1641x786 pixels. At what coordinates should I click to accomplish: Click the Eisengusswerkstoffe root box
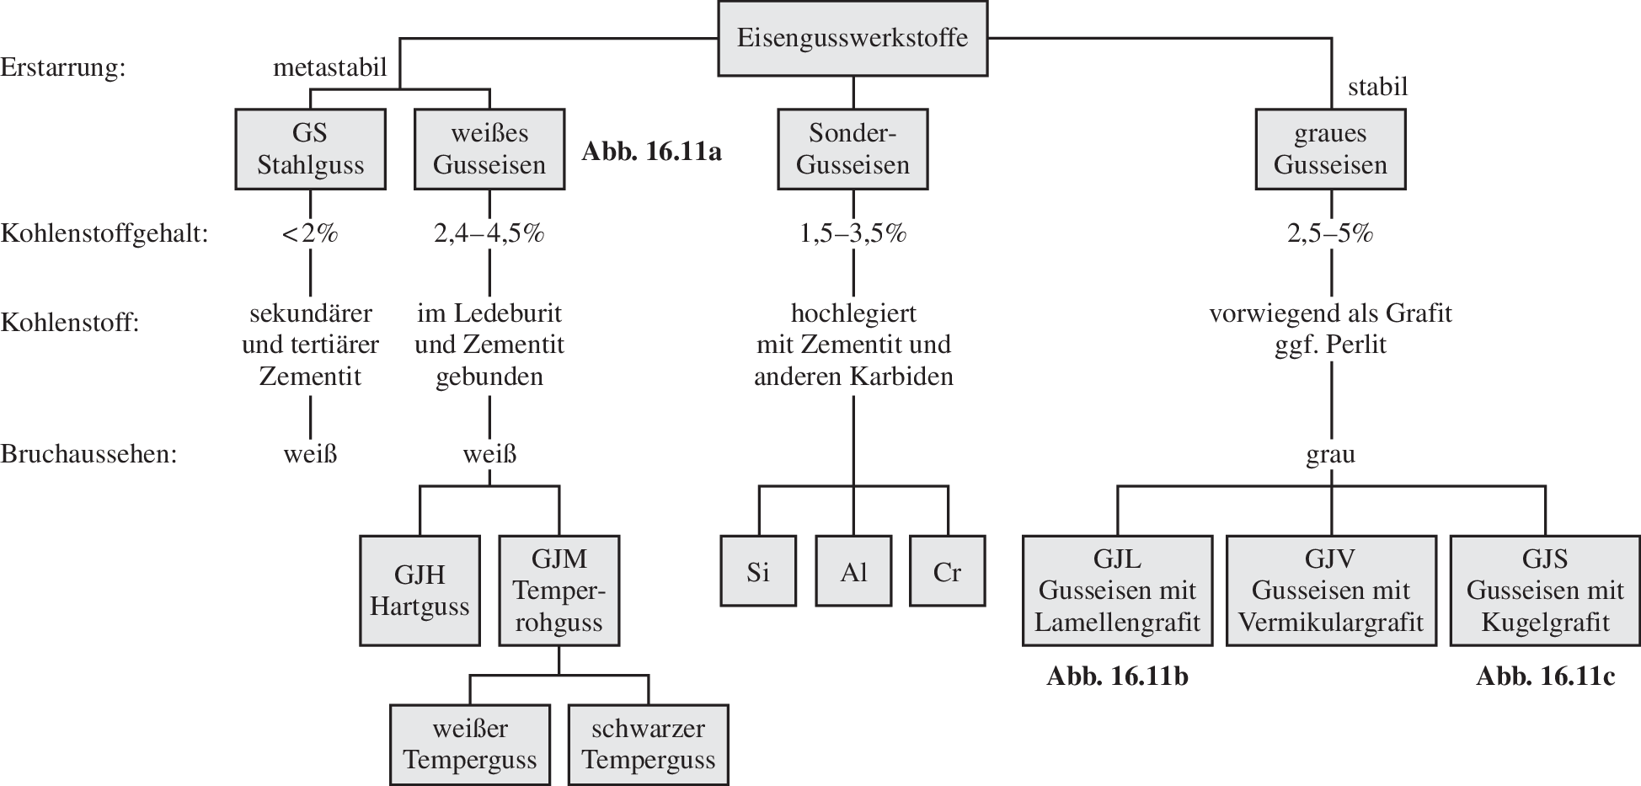click(852, 39)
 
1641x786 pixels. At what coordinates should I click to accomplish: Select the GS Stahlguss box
click(310, 149)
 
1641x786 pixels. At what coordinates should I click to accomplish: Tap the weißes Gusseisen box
click(489, 149)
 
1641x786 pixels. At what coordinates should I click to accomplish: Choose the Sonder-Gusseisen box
click(853, 149)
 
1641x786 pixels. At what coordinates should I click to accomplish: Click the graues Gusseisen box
click(1330, 149)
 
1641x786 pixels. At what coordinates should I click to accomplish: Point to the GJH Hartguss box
click(420, 591)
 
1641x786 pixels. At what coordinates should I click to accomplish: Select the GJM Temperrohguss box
click(559, 591)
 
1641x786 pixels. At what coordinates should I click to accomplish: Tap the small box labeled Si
click(758, 572)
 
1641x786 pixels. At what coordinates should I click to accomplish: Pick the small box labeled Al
click(853, 572)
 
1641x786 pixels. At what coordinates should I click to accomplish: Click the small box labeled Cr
click(947, 572)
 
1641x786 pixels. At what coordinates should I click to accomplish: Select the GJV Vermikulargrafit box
click(1331, 591)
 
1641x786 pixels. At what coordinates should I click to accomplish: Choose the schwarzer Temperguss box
click(648, 745)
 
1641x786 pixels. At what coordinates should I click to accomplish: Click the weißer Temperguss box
click(470, 745)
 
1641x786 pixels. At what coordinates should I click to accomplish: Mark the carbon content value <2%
click(310, 233)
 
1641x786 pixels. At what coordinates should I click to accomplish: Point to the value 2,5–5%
click(1330, 233)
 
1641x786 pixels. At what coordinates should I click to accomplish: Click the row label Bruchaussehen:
click(88, 455)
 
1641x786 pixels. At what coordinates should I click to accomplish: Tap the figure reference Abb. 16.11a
click(651, 152)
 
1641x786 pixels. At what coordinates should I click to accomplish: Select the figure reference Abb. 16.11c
click(1545, 677)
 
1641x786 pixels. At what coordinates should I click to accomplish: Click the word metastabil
click(329, 67)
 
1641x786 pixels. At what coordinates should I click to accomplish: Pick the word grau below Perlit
click(1330, 455)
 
